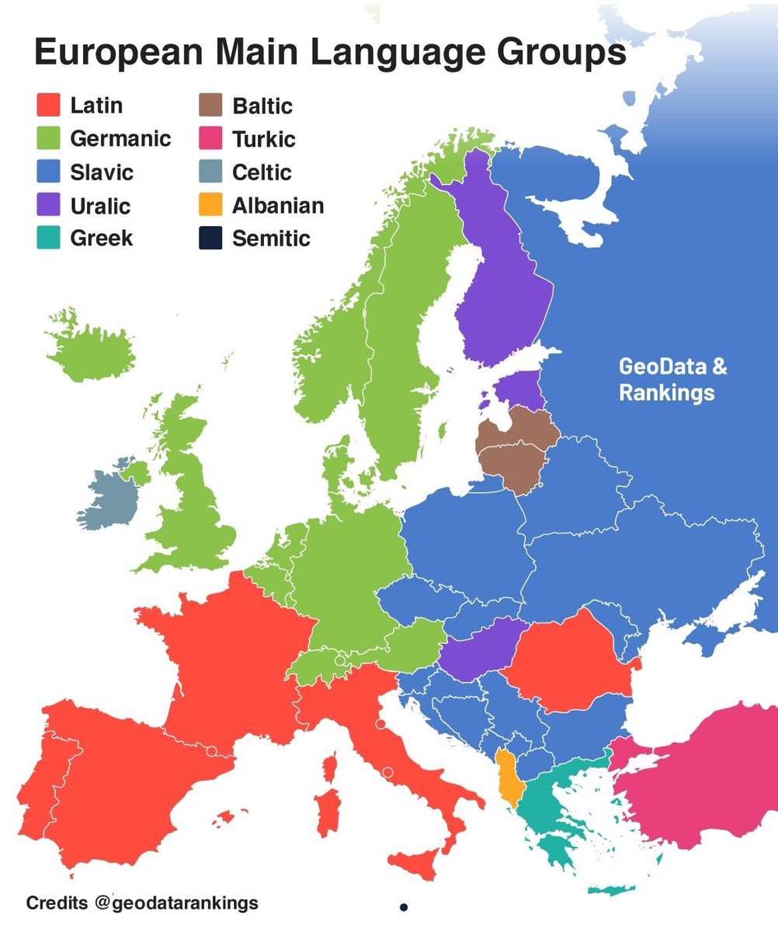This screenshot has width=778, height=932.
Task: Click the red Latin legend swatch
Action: pyautogui.click(x=49, y=105)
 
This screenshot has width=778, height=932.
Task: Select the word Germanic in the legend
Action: pyautogui.click(x=120, y=139)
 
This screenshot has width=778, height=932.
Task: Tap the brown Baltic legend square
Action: pyautogui.click(x=210, y=105)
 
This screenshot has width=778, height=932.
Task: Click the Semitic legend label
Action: pyautogui.click(x=271, y=238)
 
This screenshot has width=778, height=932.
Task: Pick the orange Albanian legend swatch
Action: pyautogui.click(x=210, y=206)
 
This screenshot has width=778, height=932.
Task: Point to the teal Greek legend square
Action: pyautogui.click(x=49, y=238)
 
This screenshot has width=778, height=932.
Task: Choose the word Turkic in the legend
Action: pyautogui.click(x=263, y=139)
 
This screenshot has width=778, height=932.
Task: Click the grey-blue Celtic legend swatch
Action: pyautogui.click(x=210, y=172)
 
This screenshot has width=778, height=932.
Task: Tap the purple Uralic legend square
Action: pyautogui.click(x=49, y=206)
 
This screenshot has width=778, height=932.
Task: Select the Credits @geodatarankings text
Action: pyautogui.click(x=142, y=903)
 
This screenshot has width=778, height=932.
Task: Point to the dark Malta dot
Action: pyautogui.click(x=404, y=906)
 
